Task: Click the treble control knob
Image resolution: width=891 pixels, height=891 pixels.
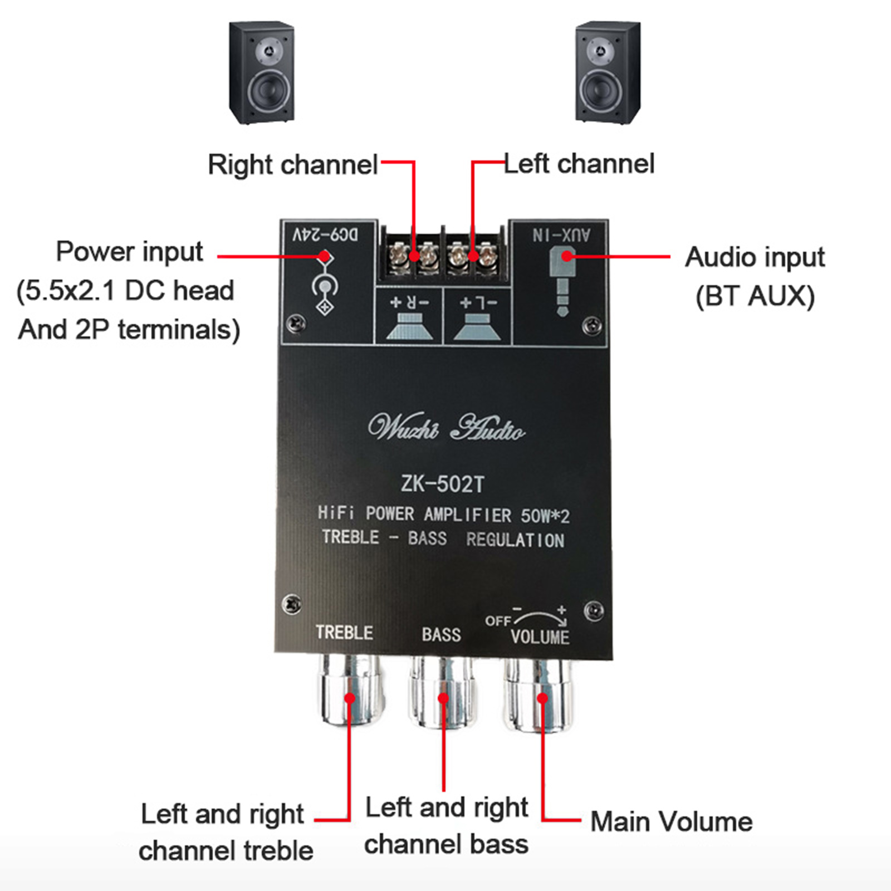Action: click(x=350, y=691)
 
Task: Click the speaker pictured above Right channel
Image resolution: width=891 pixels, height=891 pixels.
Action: click(x=262, y=72)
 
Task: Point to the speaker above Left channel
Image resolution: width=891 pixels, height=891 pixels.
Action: click(x=608, y=72)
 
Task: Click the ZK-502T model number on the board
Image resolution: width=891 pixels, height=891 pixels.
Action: click(x=443, y=484)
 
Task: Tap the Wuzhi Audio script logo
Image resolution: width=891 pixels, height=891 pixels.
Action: click(x=445, y=428)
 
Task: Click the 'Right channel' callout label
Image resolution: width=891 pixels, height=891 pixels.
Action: click(x=293, y=165)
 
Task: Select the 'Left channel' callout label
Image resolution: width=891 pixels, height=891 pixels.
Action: click(x=579, y=164)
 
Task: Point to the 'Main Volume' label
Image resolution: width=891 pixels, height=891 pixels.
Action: click(x=671, y=822)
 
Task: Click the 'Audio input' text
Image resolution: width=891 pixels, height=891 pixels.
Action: click(x=755, y=257)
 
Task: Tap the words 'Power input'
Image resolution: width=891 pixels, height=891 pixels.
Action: click(x=129, y=252)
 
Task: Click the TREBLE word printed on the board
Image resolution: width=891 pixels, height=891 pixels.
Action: click(x=344, y=633)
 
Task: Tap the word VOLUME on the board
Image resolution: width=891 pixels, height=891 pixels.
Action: click(x=540, y=637)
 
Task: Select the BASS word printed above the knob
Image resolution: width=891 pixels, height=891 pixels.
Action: click(x=441, y=634)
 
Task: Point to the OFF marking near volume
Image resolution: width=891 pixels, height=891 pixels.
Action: click(x=497, y=621)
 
